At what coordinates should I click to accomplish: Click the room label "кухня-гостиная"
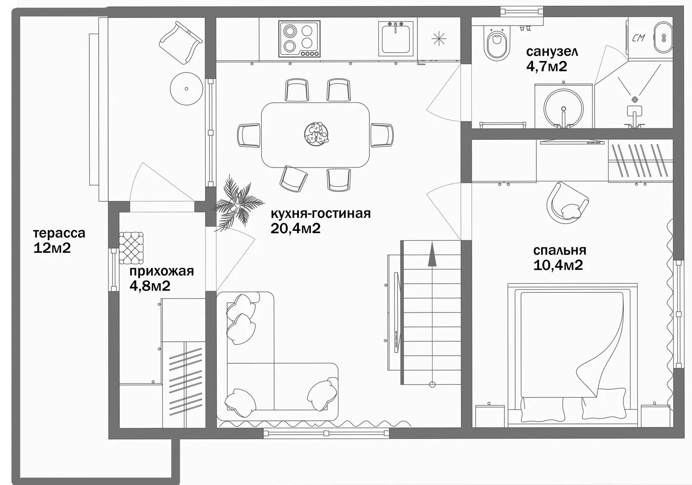(x=321, y=214)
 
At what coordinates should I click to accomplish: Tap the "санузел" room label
(x=552, y=52)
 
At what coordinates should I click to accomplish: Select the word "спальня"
(x=560, y=251)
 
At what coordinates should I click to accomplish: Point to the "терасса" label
(x=59, y=234)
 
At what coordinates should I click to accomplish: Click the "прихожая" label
(x=162, y=271)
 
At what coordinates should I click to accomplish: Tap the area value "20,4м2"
(x=296, y=229)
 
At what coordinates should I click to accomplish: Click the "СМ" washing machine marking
(x=639, y=38)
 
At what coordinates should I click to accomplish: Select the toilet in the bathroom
(x=497, y=44)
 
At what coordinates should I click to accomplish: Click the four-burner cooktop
(x=299, y=39)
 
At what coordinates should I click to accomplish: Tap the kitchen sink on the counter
(x=396, y=38)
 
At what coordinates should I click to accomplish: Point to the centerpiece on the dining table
(x=316, y=133)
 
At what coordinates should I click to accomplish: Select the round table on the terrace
(x=186, y=89)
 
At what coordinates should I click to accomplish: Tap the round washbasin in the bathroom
(x=564, y=109)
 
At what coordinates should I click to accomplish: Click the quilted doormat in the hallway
(x=131, y=248)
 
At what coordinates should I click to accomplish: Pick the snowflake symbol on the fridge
(x=439, y=39)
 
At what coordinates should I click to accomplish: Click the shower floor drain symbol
(x=635, y=99)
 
